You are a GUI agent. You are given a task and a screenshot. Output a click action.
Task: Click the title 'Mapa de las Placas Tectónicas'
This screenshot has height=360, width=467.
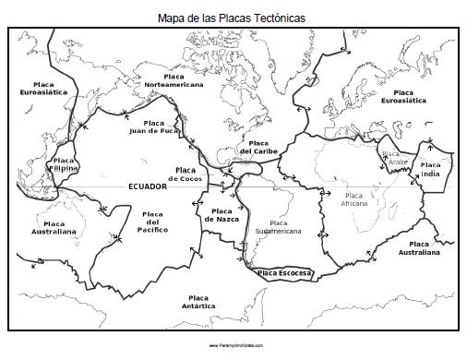(x=232, y=17)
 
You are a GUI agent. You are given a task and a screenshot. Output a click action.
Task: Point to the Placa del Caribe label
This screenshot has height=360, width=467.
(x=258, y=147)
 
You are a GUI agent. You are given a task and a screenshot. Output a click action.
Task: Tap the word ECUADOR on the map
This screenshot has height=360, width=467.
(x=147, y=186)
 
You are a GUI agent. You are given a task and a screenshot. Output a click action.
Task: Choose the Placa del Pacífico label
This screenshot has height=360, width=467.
(x=153, y=222)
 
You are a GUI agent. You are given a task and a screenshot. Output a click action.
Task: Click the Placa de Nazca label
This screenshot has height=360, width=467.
(x=222, y=215)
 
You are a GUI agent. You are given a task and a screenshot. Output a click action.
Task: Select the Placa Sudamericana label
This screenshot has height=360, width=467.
(x=278, y=227)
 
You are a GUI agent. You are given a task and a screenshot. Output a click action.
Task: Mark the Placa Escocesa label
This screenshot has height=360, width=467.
(x=284, y=273)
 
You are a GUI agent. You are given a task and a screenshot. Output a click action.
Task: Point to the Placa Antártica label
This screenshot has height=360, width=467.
(x=198, y=301)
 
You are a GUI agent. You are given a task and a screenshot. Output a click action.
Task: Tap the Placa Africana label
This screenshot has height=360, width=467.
(x=353, y=199)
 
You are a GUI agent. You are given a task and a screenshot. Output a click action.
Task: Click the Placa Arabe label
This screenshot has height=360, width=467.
(x=394, y=158)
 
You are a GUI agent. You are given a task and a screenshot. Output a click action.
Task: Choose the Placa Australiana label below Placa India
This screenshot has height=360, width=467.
(x=418, y=247)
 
